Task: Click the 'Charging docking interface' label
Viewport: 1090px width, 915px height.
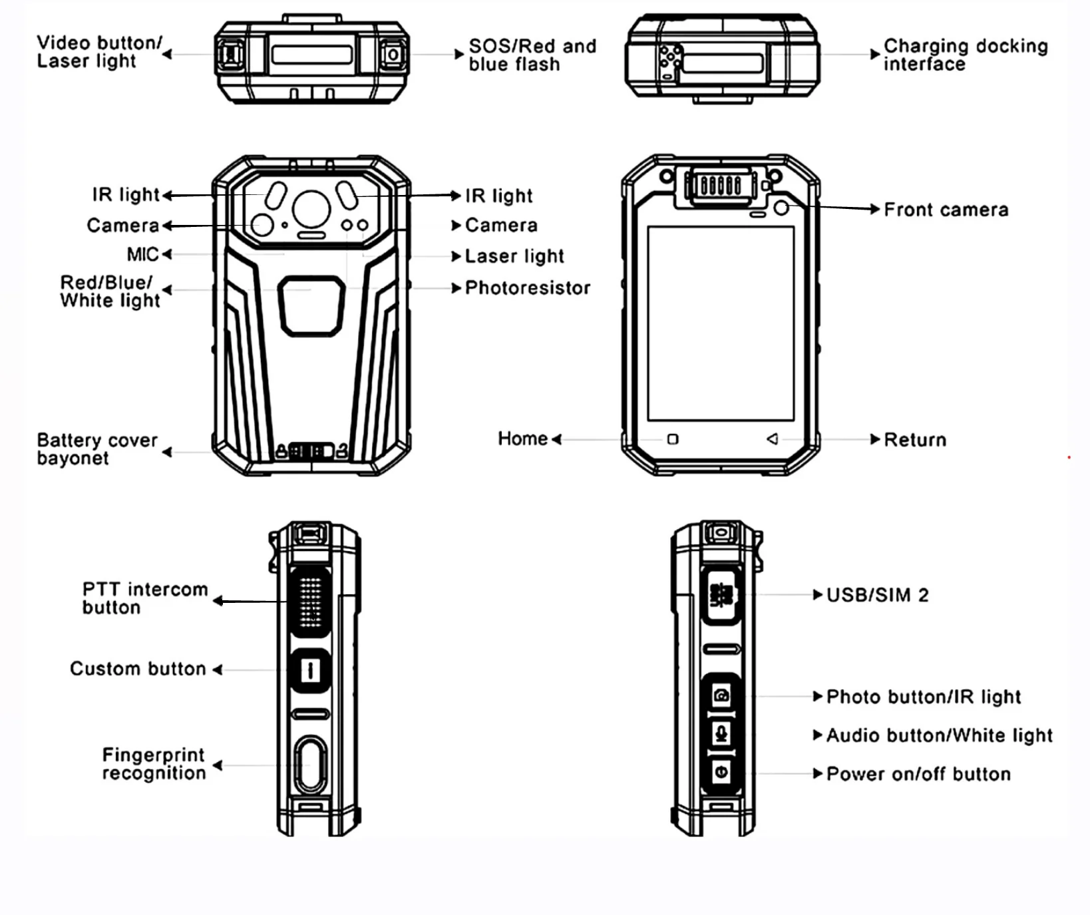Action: (x=965, y=55)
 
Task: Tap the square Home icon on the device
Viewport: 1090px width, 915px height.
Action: (x=673, y=439)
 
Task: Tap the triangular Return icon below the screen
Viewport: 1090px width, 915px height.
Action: (x=772, y=439)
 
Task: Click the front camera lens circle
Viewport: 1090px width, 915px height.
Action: (x=782, y=208)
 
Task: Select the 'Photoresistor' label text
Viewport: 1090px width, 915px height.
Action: (x=527, y=287)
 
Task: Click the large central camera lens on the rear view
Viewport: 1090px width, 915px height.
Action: (x=311, y=208)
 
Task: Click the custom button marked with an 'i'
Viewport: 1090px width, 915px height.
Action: (x=310, y=669)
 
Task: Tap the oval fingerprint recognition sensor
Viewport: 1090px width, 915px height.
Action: (x=310, y=765)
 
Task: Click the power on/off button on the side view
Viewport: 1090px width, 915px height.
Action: (x=721, y=772)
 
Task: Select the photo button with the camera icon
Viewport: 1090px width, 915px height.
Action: (x=721, y=696)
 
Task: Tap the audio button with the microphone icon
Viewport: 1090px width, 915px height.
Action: (x=721, y=734)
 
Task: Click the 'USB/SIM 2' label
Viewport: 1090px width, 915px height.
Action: (x=876, y=595)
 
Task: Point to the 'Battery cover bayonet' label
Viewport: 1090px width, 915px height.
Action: (x=97, y=449)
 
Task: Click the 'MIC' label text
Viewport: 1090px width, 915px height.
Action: (x=142, y=254)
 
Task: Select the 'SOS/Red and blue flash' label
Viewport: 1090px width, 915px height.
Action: (x=532, y=55)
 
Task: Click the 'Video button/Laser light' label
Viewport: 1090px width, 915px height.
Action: (x=99, y=52)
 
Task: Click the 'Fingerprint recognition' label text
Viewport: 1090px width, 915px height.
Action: (x=154, y=764)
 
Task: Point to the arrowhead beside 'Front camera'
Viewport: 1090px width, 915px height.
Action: (x=875, y=209)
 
